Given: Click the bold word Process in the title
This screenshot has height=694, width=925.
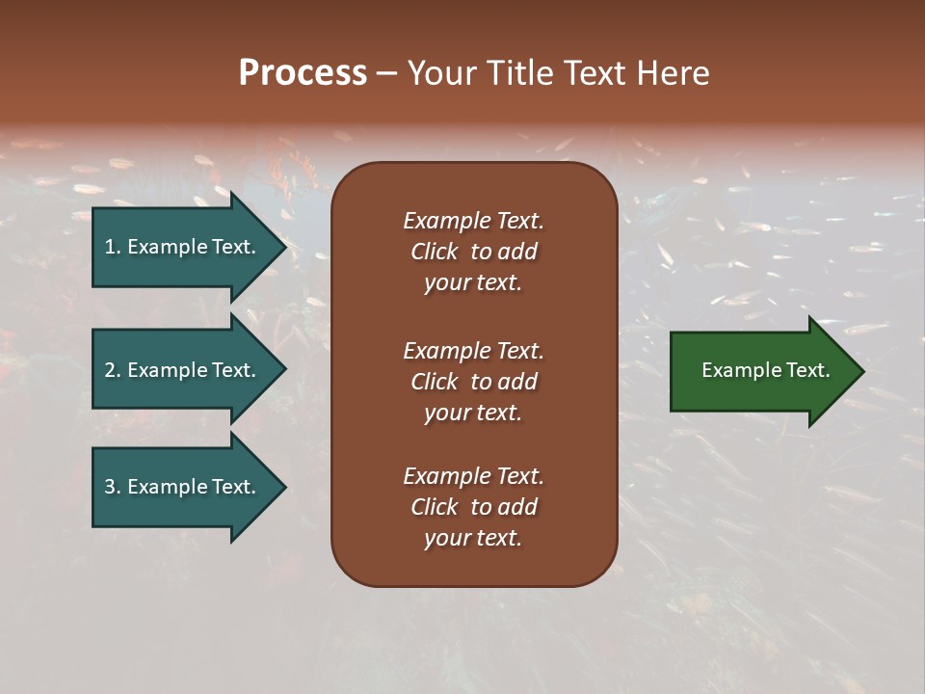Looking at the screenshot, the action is tap(303, 73).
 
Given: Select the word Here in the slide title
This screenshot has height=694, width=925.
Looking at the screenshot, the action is tap(674, 73).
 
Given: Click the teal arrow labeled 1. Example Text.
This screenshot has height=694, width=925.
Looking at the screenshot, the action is tap(183, 247).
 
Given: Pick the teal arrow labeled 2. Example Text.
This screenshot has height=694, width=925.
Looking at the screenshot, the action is tap(183, 370).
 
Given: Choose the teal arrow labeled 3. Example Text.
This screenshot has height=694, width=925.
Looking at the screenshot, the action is tap(183, 487).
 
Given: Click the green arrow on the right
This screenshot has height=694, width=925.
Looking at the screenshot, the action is tap(761, 370).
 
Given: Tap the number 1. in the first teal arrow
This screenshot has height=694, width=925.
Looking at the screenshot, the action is tap(113, 247).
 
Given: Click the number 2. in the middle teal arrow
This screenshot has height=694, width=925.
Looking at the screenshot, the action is tap(113, 370).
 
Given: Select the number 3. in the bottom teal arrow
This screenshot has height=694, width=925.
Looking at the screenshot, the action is tap(113, 487).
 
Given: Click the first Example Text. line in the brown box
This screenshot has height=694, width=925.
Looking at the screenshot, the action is tap(473, 221).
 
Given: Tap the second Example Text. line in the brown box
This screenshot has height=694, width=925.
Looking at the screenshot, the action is tap(473, 350).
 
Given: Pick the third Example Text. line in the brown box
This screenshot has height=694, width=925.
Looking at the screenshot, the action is tap(473, 476).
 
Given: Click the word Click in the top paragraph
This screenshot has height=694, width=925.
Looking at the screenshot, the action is tap(434, 252).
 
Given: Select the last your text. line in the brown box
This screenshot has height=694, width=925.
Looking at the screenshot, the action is tap(473, 538).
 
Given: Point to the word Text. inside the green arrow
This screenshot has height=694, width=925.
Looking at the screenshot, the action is tap(807, 370).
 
